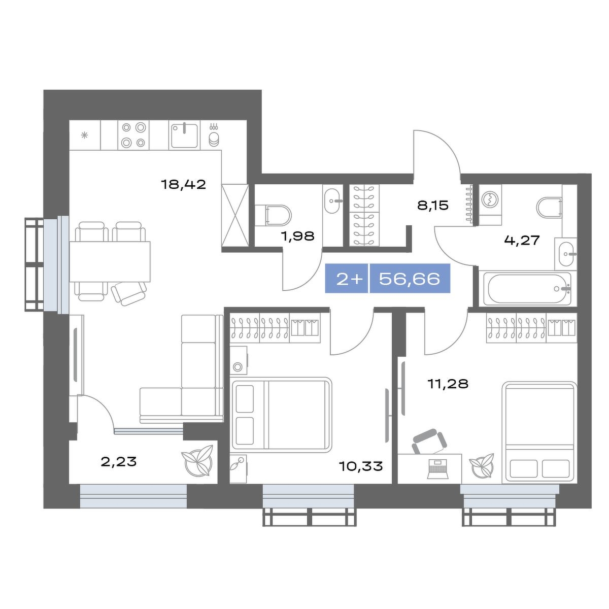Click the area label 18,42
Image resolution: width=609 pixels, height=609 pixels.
click(x=183, y=184)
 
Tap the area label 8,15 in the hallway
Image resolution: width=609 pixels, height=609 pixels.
click(x=433, y=206)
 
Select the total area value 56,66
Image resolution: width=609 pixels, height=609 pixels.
click(x=410, y=279)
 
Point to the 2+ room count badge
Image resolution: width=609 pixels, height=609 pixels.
click(x=347, y=279)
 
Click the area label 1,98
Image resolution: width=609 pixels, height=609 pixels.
click(x=298, y=236)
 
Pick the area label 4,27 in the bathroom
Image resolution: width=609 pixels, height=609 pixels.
click(x=522, y=240)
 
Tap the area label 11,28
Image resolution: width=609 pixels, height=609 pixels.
click(x=448, y=384)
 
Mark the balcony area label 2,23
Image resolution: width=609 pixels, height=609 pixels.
click(x=119, y=461)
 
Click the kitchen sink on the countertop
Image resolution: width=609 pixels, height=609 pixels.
click(x=185, y=136)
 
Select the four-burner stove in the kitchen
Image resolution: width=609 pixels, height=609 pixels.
click(x=133, y=135)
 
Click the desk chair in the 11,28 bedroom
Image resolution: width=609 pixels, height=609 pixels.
click(x=430, y=441)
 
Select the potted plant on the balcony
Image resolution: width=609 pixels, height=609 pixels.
click(x=196, y=461)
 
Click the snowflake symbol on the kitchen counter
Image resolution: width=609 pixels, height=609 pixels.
click(x=84, y=136)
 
